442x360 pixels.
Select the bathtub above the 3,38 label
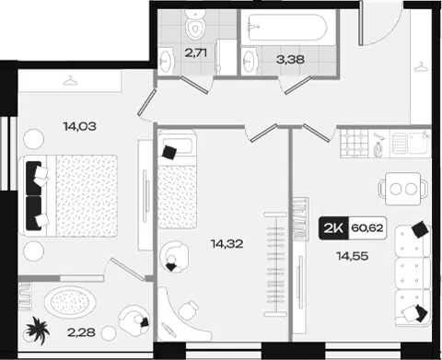[288, 28]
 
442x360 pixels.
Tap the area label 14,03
[80, 126]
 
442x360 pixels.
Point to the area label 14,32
[227, 244]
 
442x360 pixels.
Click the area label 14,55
[353, 256]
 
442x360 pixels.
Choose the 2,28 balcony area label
[81, 332]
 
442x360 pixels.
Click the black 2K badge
[333, 228]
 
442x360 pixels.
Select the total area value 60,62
[367, 228]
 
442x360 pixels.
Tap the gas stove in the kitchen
[354, 144]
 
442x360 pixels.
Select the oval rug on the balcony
[70, 303]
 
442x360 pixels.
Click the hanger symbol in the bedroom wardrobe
[70, 80]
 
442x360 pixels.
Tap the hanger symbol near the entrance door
[421, 66]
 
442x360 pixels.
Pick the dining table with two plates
[403, 189]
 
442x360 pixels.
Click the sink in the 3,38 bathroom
[249, 61]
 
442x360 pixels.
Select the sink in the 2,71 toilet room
[166, 61]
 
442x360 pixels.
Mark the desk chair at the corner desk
[189, 310]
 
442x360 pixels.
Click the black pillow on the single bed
[169, 152]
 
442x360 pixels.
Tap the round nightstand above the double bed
[34, 139]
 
